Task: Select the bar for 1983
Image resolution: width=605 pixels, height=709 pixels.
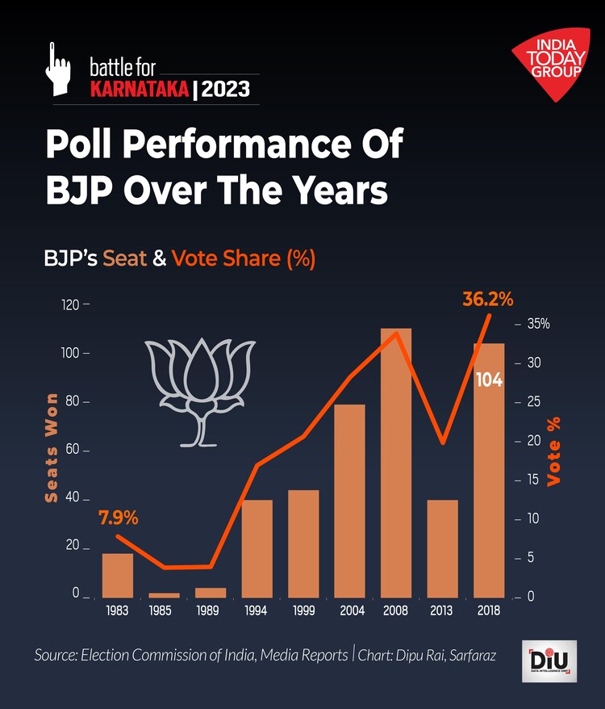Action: [x=118, y=575]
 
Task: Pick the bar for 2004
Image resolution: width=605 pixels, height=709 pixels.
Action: [x=349, y=500]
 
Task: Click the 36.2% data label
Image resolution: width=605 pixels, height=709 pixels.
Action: [x=488, y=299]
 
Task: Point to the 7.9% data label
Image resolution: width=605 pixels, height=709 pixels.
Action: [x=119, y=516]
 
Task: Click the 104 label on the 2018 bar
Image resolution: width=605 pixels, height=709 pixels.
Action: [x=489, y=380]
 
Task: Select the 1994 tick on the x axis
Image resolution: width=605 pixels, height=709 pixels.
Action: [x=257, y=611]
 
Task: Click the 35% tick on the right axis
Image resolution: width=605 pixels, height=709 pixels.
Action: [x=538, y=324]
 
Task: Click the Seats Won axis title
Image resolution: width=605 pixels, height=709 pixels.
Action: [x=52, y=448]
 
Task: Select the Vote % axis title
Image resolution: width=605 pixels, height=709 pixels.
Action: [x=554, y=451]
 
